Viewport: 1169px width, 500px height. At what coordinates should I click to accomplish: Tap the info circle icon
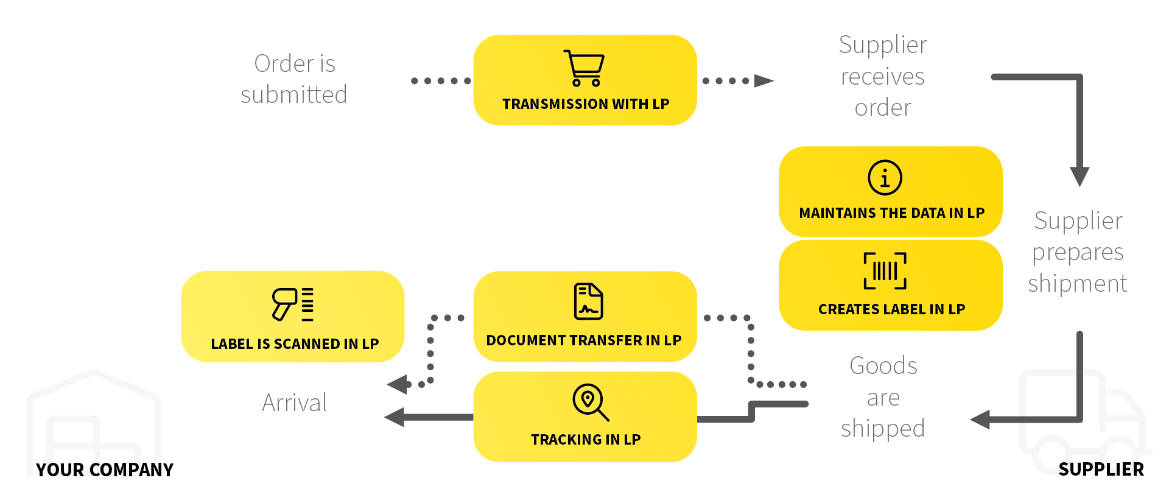pyautogui.click(x=885, y=178)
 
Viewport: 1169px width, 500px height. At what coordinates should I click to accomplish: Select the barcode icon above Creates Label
pyautogui.click(x=885, y=271)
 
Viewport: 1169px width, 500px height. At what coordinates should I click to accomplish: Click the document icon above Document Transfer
pyautogui.click(x=588, y=301)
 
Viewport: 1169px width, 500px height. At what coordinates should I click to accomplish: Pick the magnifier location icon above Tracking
pyautogui.click(x=589, y=402)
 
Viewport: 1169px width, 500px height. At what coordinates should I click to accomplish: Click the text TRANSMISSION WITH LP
pyautogui.click(x=585, y=104)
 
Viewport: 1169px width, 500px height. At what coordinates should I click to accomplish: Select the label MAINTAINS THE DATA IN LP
pyautogui.click(x=891, y=213)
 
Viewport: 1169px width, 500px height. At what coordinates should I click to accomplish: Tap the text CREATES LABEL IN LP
pyautogui.click(x=891, y=309)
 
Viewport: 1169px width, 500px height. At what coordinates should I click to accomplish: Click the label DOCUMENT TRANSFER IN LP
pyautogui.click(x=583, y=340)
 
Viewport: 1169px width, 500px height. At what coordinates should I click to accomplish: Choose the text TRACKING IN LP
pyautogui.click(x=585, y=440)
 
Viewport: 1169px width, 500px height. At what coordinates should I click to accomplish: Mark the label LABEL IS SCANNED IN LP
pyautogui.click(x=295, y=344)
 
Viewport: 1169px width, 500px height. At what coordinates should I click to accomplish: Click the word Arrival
pyautogui.click(x=294, y=403)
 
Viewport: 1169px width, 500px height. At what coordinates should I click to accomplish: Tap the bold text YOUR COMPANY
pyautogui.click(x=104, y=470)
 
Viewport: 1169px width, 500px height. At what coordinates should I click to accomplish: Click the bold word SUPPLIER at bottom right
pyautogui.click(x=1101, y=470)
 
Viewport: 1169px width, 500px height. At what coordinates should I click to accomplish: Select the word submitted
pyautogui.click(x=293, y=95)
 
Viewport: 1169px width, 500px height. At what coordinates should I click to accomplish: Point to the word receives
pyautogui.click(x=882, y=77)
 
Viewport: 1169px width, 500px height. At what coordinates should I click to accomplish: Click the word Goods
pyautogui.click(x=883, y=366)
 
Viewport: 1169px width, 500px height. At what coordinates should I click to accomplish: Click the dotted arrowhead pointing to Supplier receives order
pyautogui.click(x=764, y=81)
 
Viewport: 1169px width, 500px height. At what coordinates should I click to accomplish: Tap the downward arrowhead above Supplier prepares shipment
pyautogui.click(x=1079, y=177)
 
